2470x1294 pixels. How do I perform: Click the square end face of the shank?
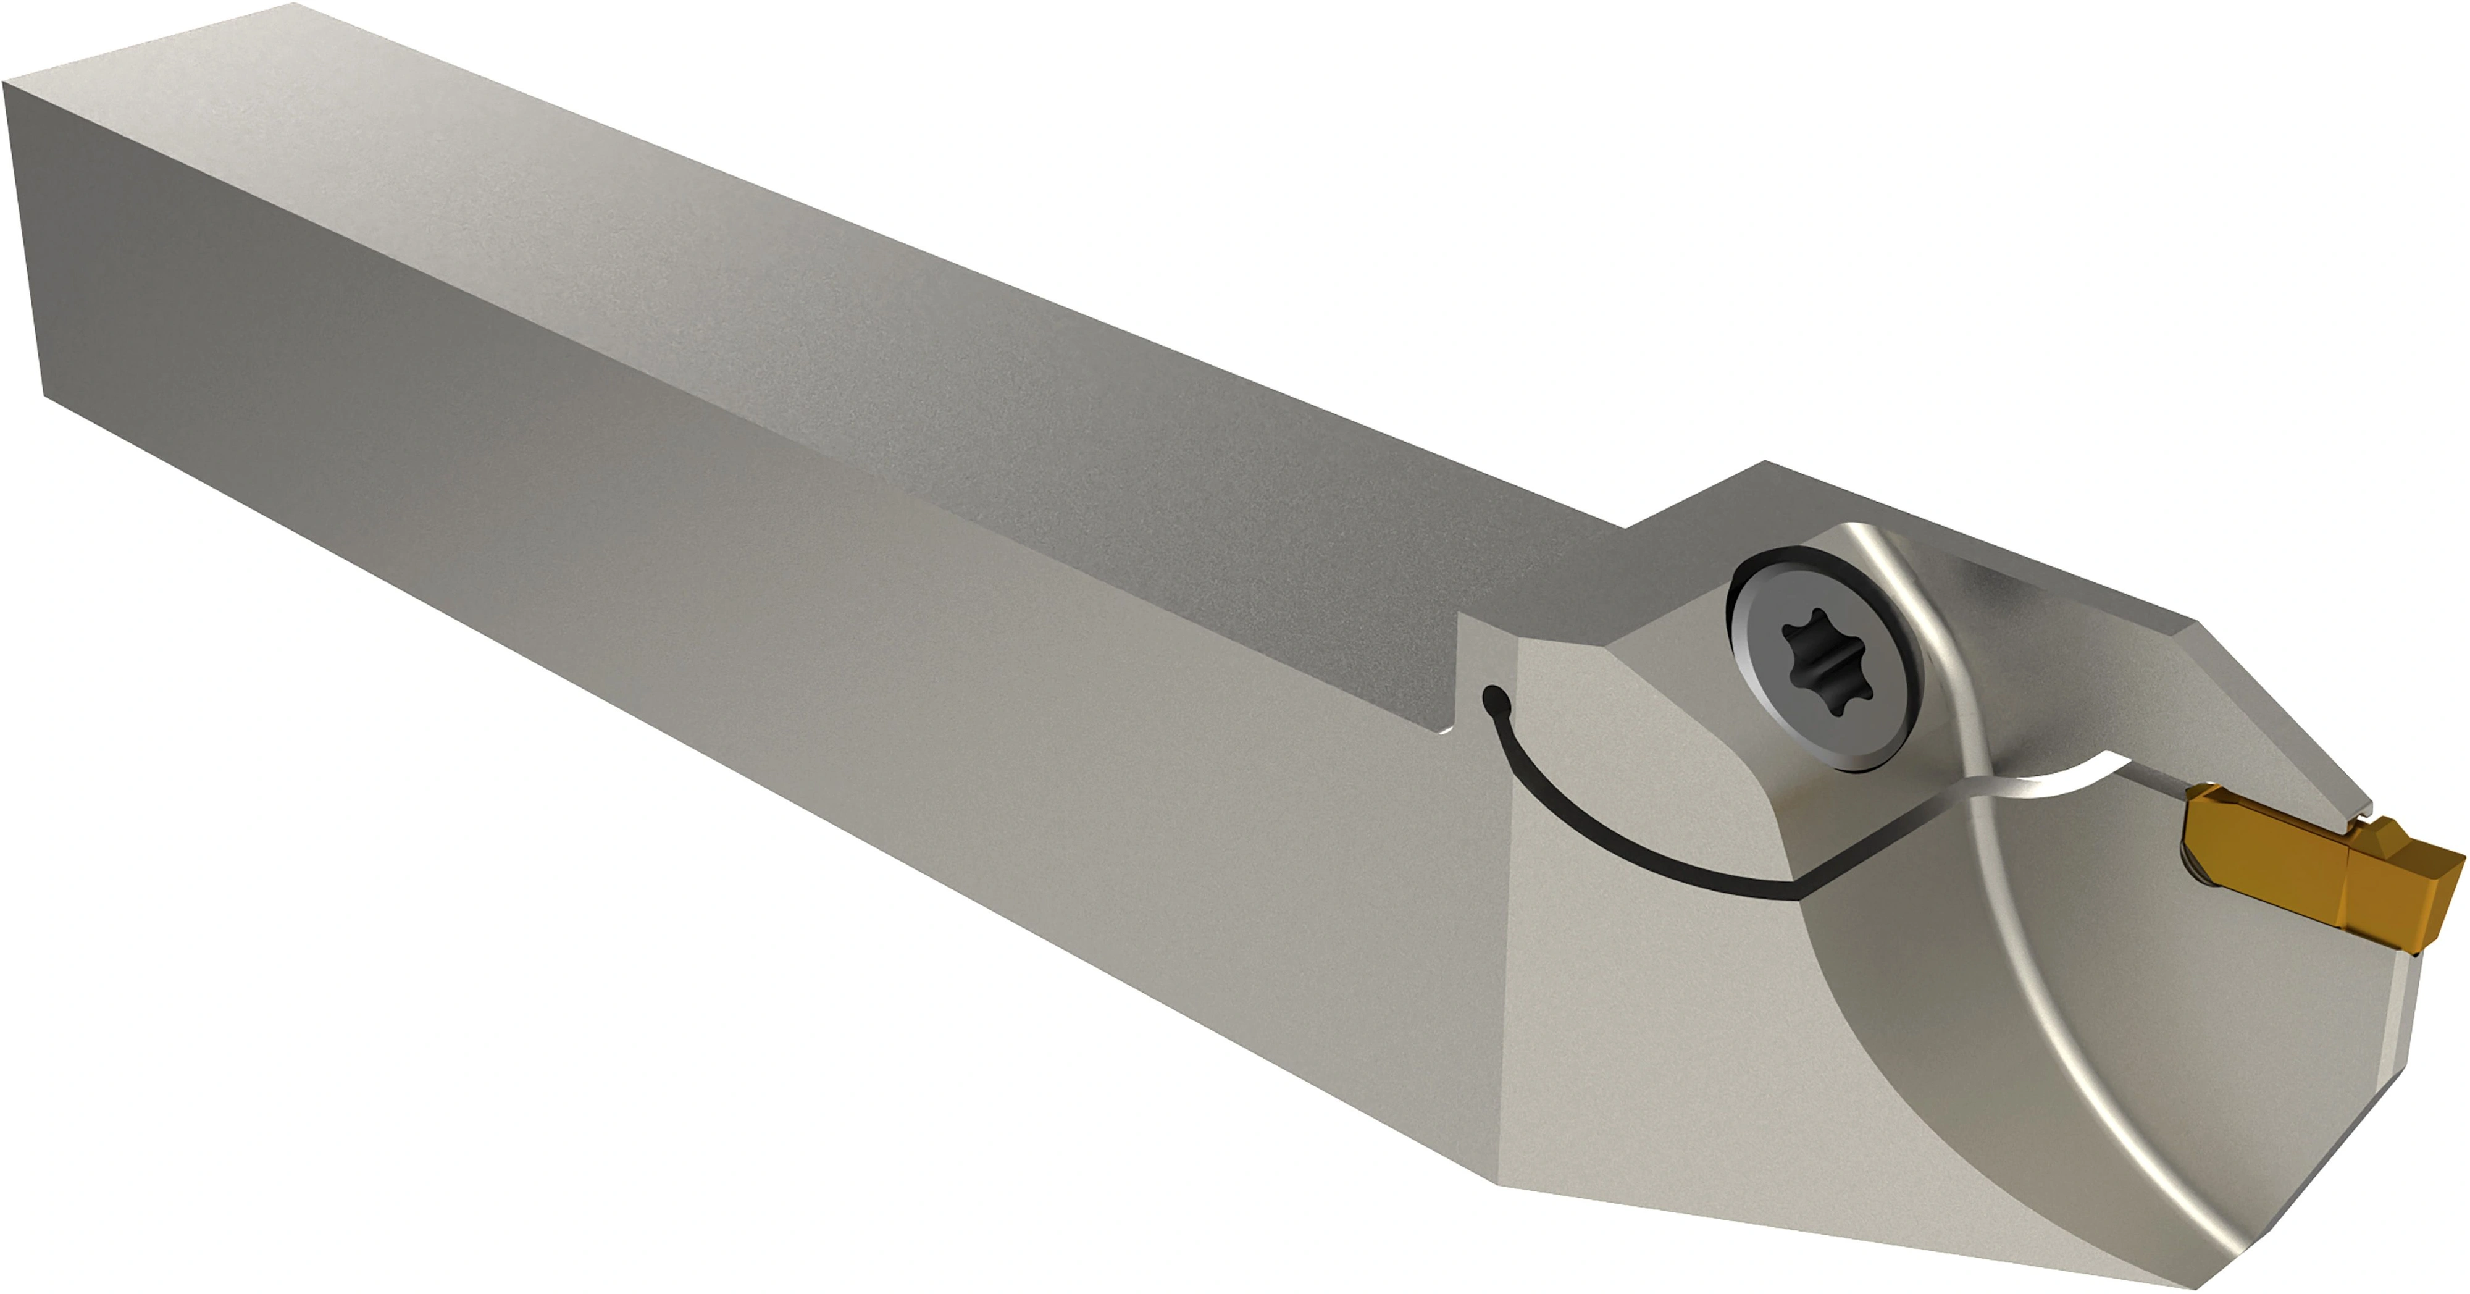click(x=29, y=240)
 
